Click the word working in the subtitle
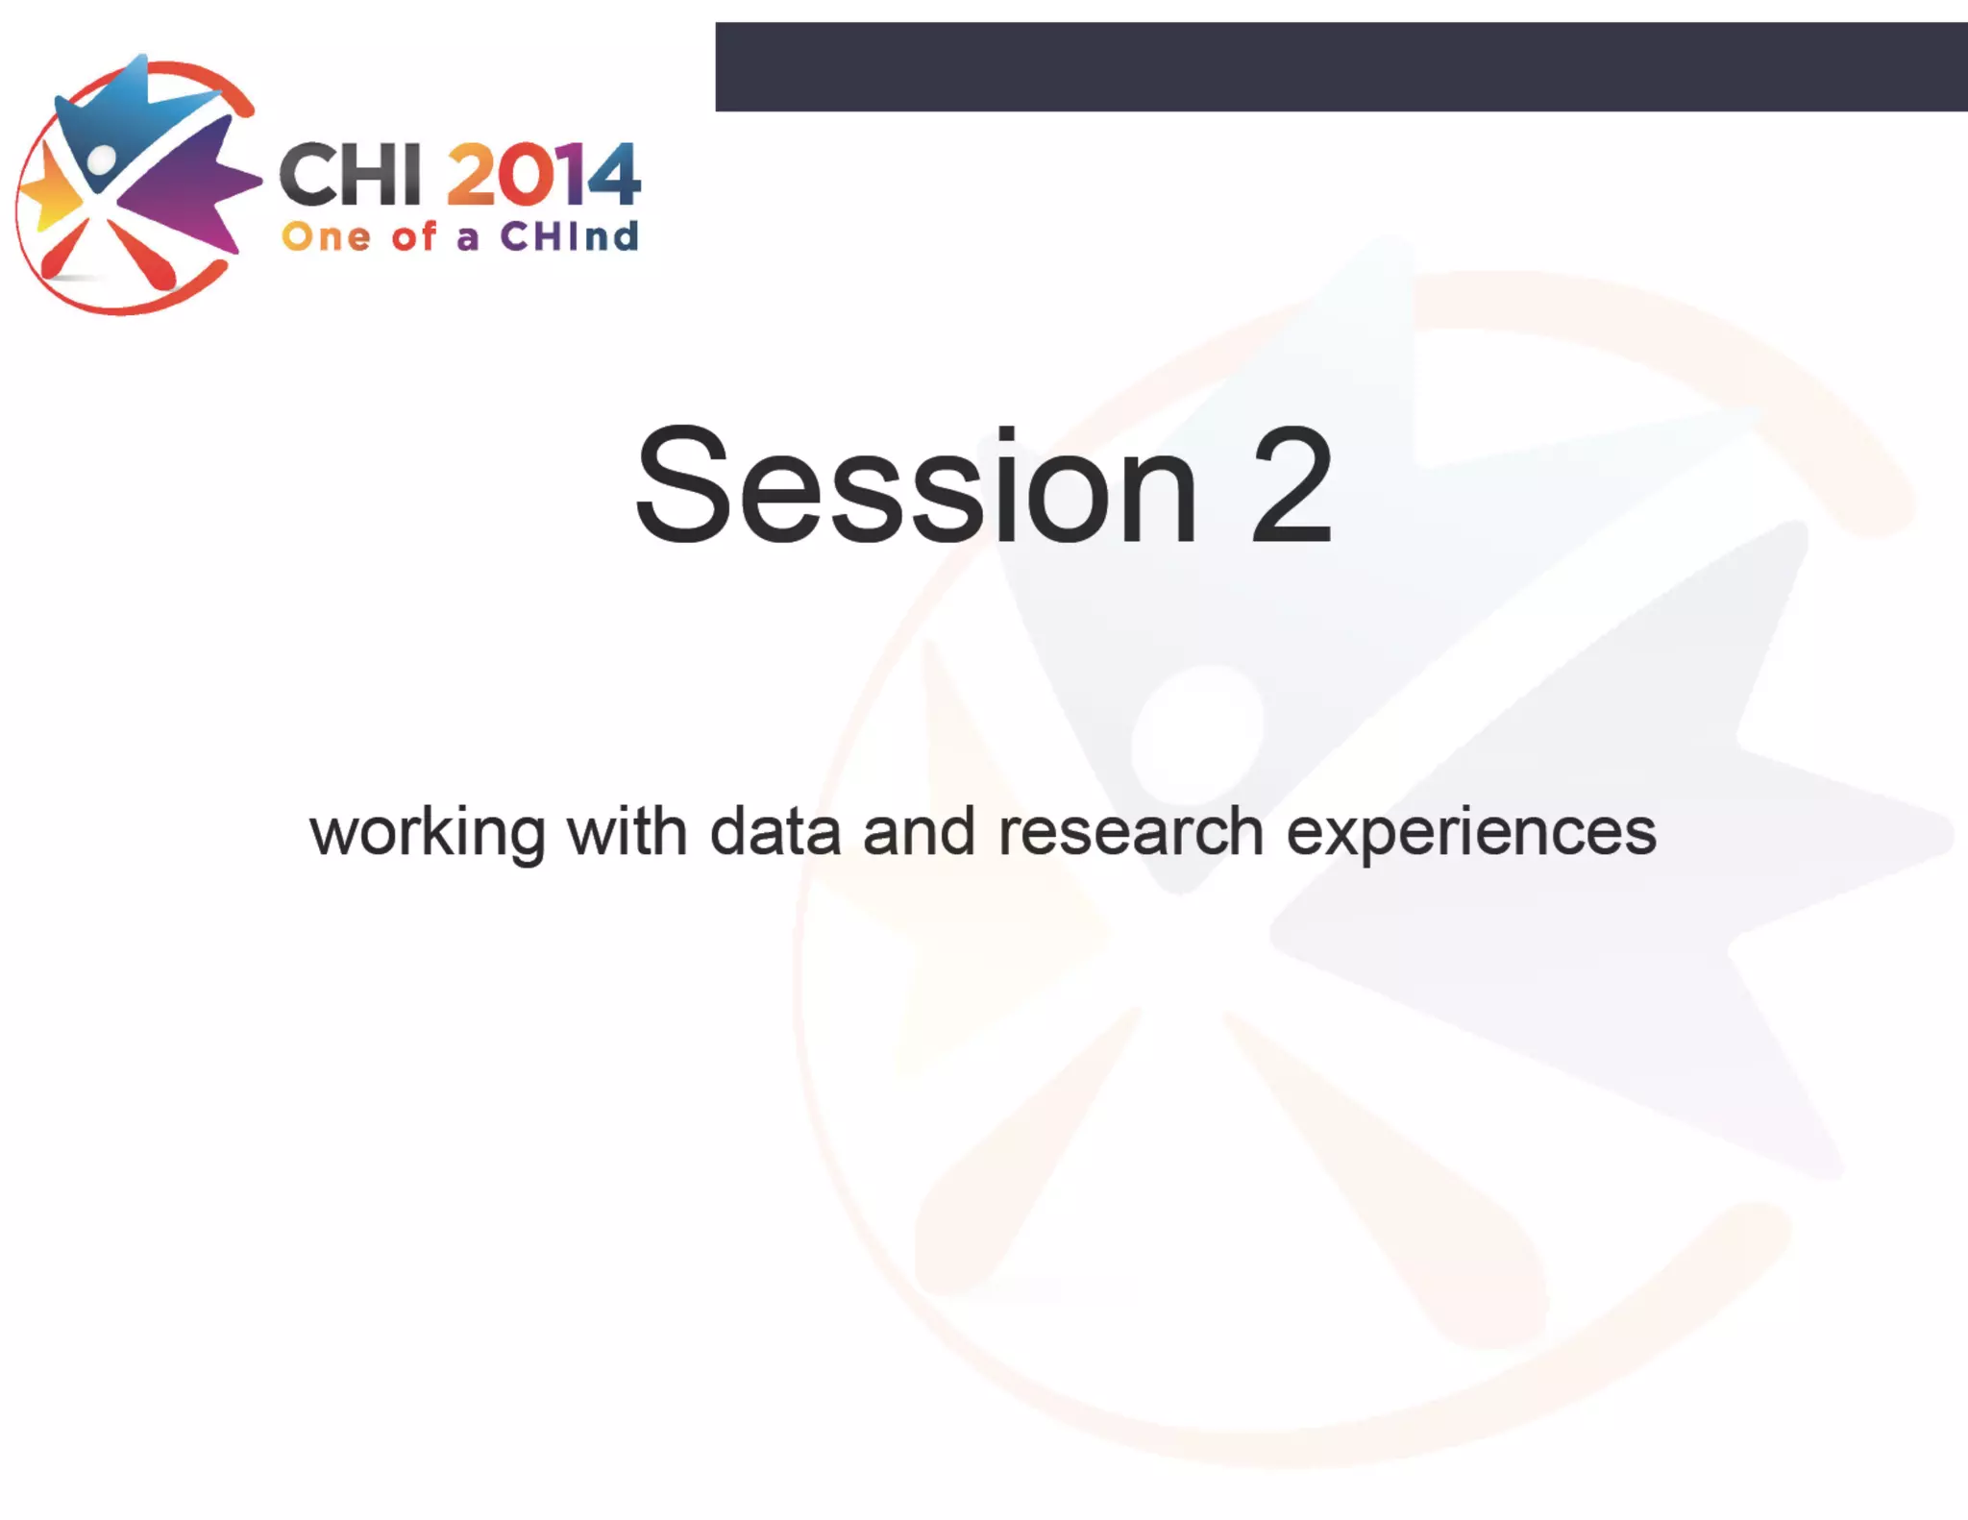pos(427,833)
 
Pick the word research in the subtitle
pos(1130,832)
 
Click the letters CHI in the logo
pos(350,175)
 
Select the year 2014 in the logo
pos(543,175)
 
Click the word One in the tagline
pos(326,236)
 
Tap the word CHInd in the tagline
pos(569,236)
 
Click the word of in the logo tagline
pos(413,235)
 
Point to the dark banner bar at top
pos(1341,66)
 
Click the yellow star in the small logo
pos(48,191)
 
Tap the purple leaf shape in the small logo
pos(187,187)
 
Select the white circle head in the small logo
pos(101,159)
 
